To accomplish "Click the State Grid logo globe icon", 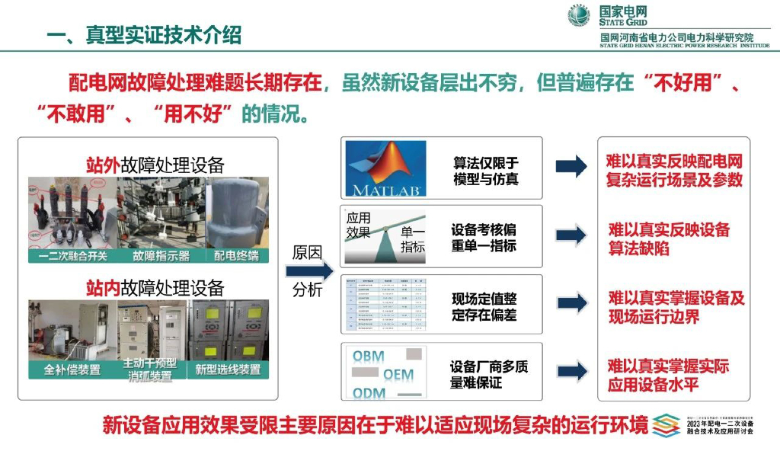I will click(x=580, y=15).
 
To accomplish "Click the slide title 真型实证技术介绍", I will click(x=144, y=34).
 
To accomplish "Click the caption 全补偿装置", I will click(x=72, y=369).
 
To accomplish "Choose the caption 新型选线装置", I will click(x=228, y=369).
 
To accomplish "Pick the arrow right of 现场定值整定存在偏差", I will click(x=571, y=303).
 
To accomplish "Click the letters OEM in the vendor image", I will click(x=398, y=375).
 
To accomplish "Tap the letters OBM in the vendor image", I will click(x=369, y=356).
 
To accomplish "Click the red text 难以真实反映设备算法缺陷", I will click(x=668, y=238).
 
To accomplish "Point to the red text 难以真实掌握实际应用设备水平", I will click(x=668, y=376).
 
